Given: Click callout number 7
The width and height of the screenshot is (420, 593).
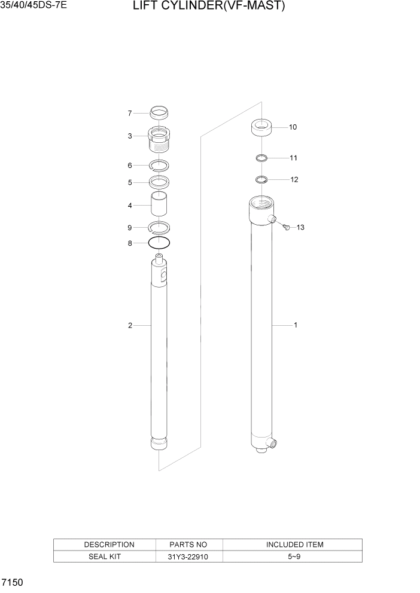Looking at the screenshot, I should [x=129, y=113].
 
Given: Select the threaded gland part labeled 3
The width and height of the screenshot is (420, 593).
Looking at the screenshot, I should [x=159, y=140].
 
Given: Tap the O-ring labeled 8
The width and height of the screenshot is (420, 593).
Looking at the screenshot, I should [x=159, y=243].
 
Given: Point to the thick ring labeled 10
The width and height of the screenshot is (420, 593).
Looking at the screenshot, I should [x=261, y=128].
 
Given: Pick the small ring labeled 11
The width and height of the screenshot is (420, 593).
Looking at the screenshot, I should [x=261, y=158].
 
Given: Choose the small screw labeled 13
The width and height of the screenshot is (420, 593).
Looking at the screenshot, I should [x=285, y=227].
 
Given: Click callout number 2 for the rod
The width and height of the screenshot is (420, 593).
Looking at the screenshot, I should [x=129, y=325].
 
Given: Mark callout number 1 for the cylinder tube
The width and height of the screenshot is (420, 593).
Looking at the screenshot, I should [x=295, y=325].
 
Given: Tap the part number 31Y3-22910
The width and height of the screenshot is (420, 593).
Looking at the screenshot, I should [x=189, y=557].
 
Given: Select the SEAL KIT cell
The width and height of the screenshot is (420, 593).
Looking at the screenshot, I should [x=104, y=557].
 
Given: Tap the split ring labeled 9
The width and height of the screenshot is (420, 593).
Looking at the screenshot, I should [x=159, y=227].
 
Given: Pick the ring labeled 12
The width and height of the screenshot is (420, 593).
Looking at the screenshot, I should [x=261, y=179].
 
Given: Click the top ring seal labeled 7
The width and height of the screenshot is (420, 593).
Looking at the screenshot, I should [x=159, y=112].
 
